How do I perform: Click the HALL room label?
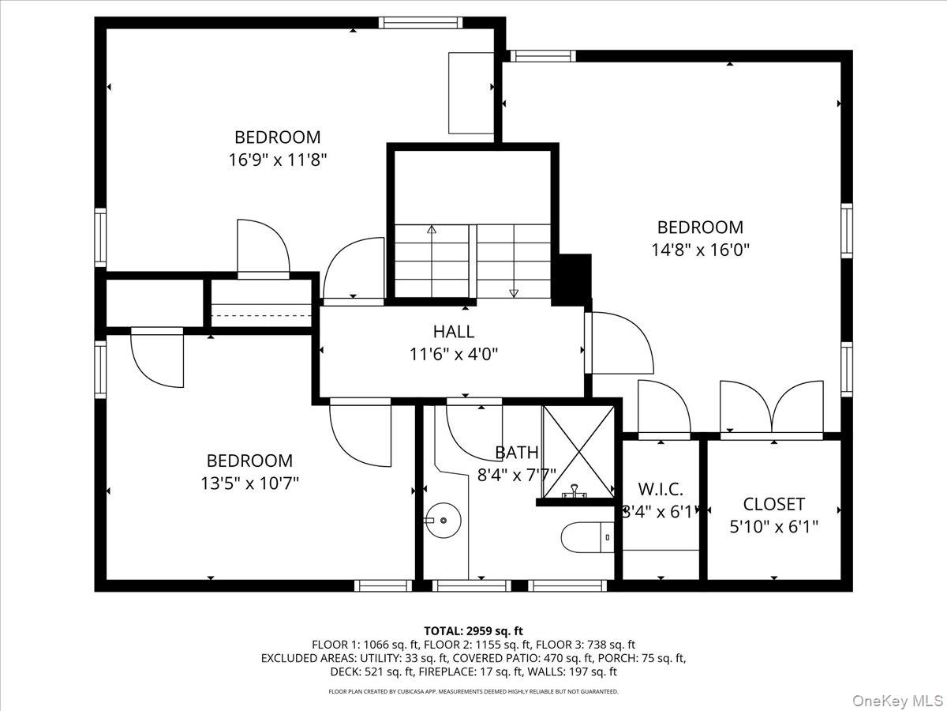pos(454,332)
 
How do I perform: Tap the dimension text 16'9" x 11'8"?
pos(278,160)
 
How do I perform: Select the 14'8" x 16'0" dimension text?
pos(700,250)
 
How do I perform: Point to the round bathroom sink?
pos(444,520)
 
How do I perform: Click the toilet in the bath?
pos(588,537)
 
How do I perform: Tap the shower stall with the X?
pos(578,452)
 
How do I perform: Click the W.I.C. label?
pos(661,489)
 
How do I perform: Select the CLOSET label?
pos(773,504)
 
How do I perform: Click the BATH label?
pos(516,453)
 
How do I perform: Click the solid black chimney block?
pos(571,280)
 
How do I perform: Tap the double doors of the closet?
pos(772,408)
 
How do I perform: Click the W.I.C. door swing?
pos(664,407)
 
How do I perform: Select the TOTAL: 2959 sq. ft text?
pos(473,630)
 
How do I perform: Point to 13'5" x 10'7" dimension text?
pos(250,483)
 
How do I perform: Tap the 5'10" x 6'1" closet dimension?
pos(773,527)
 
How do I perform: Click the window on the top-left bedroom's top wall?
pos(421,23)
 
